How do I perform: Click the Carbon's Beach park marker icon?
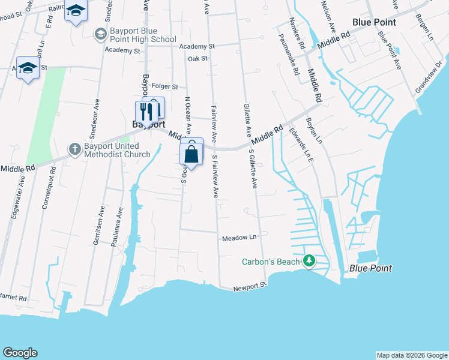[x=309, y=261]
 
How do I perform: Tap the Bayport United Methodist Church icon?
[x=74, y=149]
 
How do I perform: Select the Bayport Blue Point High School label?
[x=143, y=35]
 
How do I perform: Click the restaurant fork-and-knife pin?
[x=145, y=111]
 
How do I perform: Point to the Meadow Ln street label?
[x=240, y=238]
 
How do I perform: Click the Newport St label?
[x=250, y=287]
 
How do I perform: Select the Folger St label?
[x=165, y=86]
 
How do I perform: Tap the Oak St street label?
[x=197, y=59]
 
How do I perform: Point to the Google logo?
[x=20, y=353]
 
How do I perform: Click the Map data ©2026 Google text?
[x=411, y=355]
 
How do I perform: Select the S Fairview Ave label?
[x=214, y=176]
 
